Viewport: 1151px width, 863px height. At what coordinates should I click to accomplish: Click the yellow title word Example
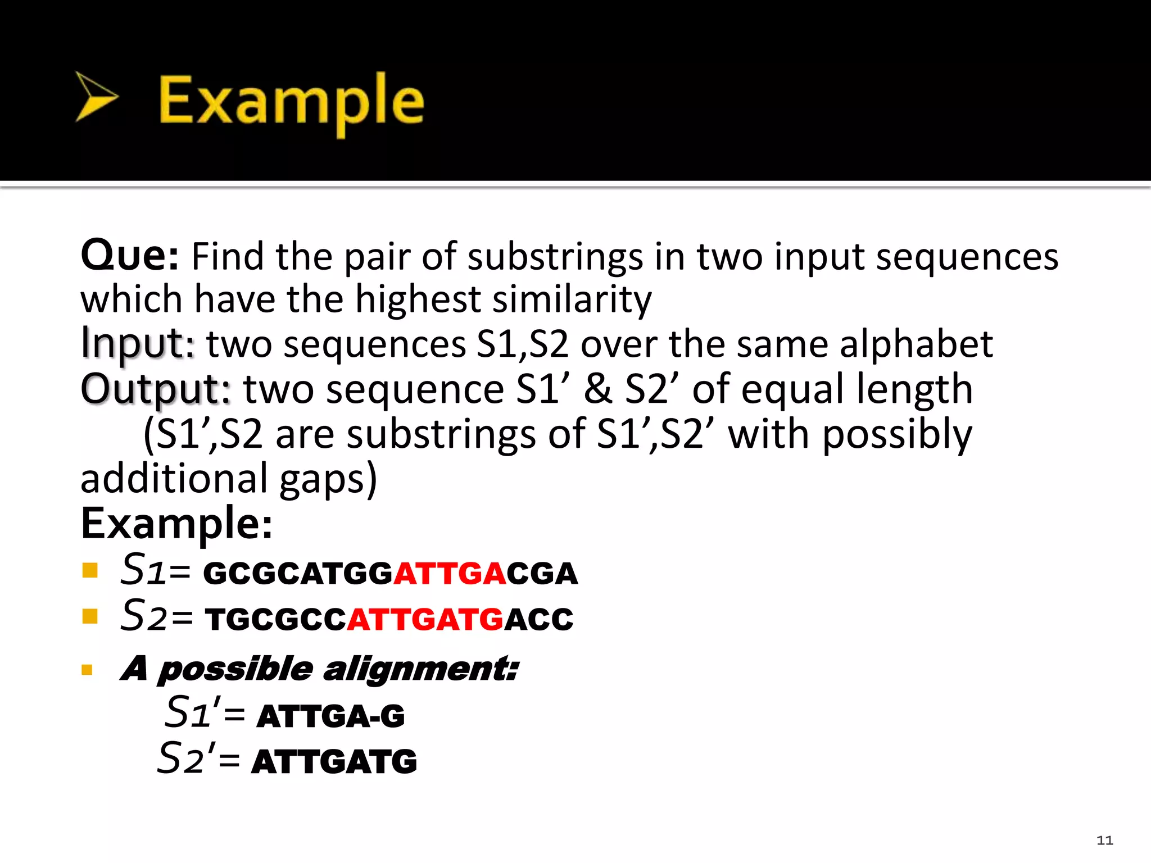[x=291, y=101]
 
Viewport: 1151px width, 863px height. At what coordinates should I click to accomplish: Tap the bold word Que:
[x=130, y=256]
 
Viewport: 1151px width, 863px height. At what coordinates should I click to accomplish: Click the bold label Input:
[x=138, y=344]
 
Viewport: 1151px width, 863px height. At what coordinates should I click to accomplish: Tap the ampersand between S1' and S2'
[x=597, y=389]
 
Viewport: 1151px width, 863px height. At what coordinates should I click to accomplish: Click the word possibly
[x=897, y=435]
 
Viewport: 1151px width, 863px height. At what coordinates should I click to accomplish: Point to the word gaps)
[x=328, y=479]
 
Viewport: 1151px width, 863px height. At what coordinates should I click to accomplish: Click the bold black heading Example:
[x=176, y=523]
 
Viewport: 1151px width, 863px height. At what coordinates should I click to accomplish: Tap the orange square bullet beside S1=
[x=90, y=571]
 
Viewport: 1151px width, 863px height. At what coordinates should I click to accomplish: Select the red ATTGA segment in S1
[x=450, y=574]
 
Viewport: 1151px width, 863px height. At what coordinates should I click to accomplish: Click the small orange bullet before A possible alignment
[x=87, y=670]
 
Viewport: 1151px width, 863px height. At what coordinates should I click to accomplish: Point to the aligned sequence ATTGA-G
[x=330, y=716]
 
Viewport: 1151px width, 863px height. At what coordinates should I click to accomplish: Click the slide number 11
[x=1104, y=841]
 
